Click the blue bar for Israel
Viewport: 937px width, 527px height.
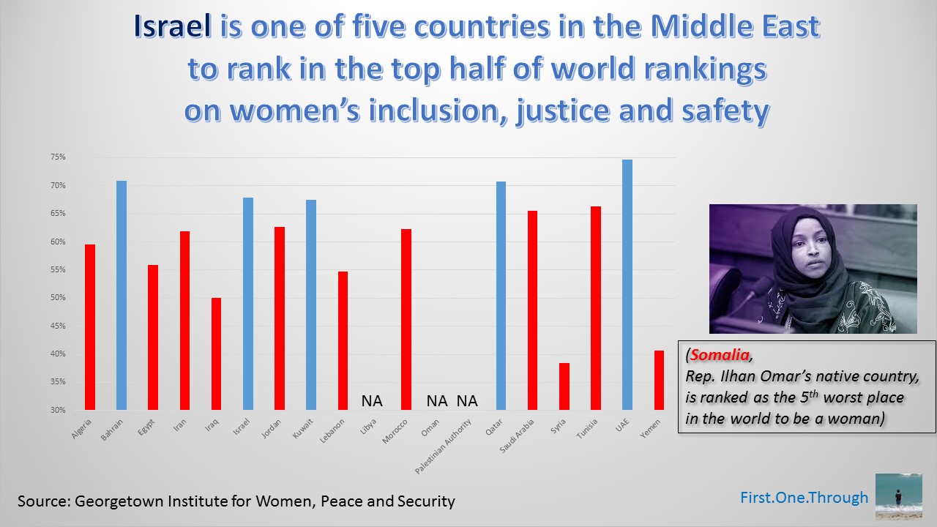click(248, 304)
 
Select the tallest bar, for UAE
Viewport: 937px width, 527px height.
click(627, 285)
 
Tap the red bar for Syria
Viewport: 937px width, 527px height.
click(564, 386)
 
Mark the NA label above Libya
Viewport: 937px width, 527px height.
click(372, 401)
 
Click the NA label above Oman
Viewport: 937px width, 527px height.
click(437, 401)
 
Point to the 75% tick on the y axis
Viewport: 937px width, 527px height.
click(58, 157)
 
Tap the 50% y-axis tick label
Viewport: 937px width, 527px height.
click(58, 298)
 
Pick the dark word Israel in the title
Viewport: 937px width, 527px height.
click(171, 28)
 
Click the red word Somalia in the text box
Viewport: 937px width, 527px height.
click(720, 356)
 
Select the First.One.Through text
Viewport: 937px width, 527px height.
click(804, 498)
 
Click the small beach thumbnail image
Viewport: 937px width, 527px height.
click(898, 496)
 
